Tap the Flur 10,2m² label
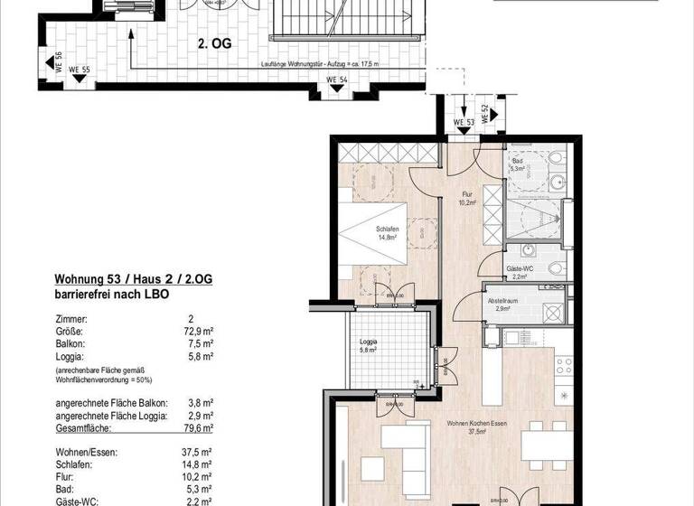click(467, 198)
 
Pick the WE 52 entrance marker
click(485, 115)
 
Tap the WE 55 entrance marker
click(80, 70)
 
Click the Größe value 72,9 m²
click(198, 332)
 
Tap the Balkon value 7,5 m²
click(200, 344)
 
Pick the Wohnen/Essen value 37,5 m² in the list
click(196, 451)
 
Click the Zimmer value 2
click(191, 319)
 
